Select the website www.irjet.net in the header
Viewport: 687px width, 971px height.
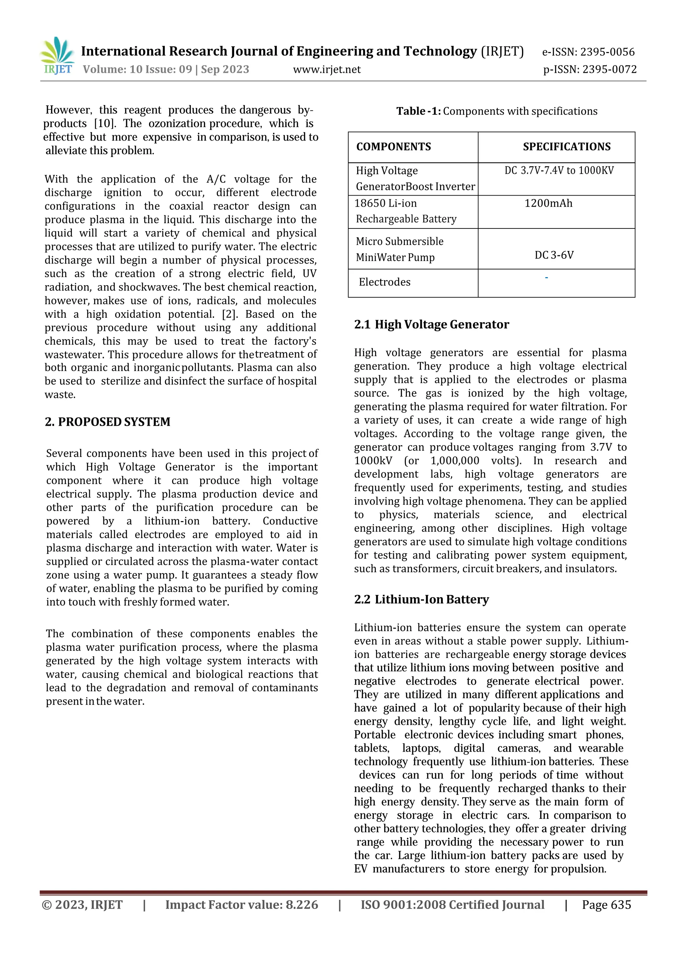tap(327, 69)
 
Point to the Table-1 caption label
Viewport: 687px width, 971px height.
tap(418, 111)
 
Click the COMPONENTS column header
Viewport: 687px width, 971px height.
tap(393, 147)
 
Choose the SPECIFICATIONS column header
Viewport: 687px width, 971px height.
tap(567, 147)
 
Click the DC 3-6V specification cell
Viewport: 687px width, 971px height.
tap(554, 255)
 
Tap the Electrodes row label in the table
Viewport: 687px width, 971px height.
tap(384, 282)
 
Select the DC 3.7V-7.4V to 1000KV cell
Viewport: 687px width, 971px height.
tap(559, 170)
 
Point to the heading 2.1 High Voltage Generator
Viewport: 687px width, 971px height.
tap(431, 324)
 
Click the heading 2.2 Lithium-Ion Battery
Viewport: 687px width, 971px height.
tap(421, 600)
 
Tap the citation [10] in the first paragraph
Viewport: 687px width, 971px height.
tap(102, 123)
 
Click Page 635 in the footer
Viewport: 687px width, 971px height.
tap(606, 905)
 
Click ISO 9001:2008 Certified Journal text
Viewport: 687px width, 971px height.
tap(452, 905)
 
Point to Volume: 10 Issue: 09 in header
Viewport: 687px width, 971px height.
tap(138, 69)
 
